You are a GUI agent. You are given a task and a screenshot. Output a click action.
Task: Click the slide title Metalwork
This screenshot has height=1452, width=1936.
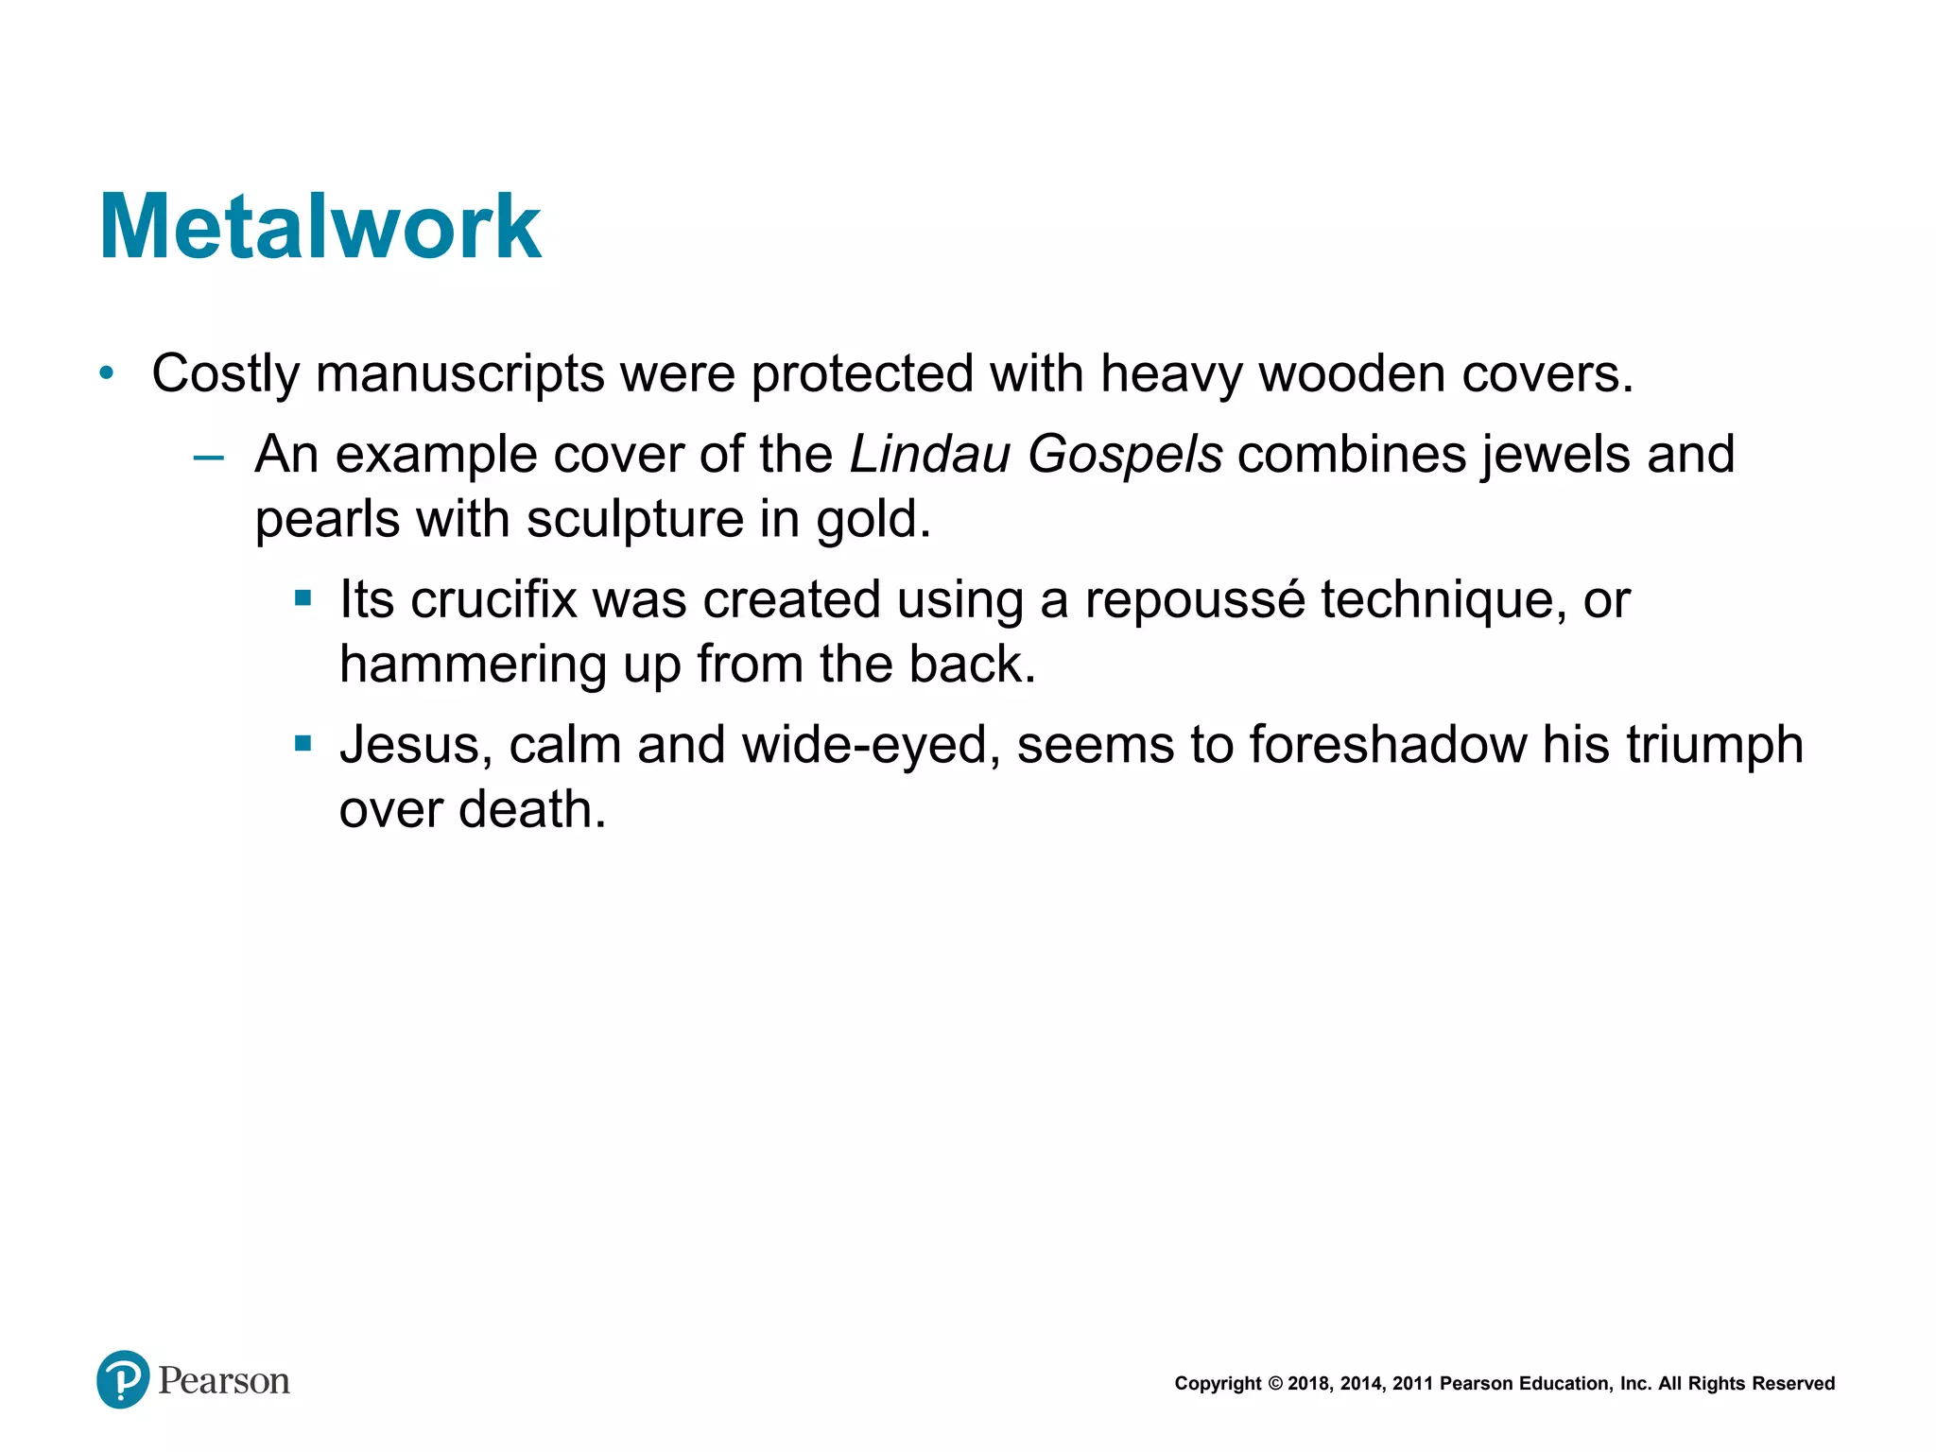(x=320, y=227)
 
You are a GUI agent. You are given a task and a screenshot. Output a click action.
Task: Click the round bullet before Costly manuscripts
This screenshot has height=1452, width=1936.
(x=107, y=374)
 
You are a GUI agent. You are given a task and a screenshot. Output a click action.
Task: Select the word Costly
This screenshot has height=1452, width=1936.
(x=225, y=374)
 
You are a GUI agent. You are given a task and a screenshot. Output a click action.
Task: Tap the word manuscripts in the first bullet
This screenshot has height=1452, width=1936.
(x=459, y=374)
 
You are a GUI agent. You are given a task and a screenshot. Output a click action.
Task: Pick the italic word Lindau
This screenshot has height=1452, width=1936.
(x=930, y=455)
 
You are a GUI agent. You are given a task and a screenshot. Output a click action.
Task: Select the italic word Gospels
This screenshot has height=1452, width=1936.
(x=1125, y=455)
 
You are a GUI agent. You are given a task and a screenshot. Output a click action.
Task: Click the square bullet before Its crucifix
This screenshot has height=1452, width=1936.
(x=302, y=598)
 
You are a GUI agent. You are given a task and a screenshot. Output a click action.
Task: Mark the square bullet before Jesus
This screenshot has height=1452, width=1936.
(x=302, y=744)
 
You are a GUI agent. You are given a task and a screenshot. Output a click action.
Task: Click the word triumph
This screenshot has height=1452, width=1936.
(x=1715, y=745)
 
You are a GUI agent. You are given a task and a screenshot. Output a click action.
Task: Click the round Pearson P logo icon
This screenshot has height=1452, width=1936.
(x=123, y=1379)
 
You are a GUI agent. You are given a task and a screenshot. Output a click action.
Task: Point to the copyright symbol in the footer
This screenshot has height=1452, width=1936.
(x=1275, y=1384)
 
